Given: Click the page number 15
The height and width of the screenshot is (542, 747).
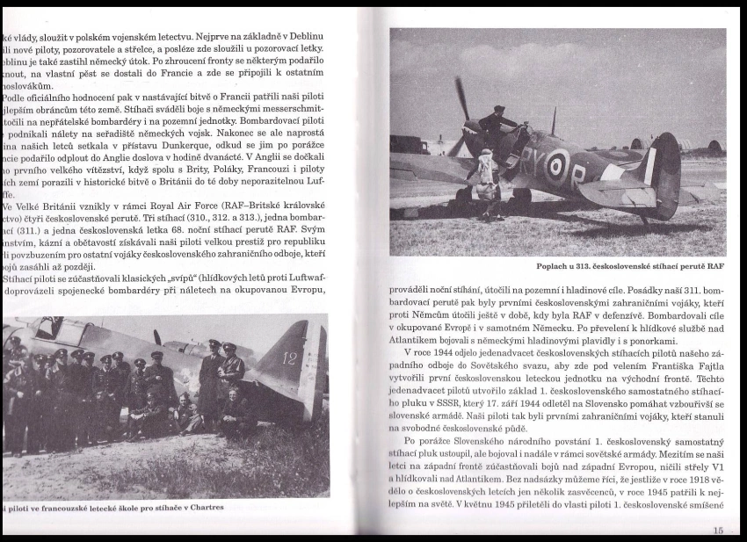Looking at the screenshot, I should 718,530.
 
